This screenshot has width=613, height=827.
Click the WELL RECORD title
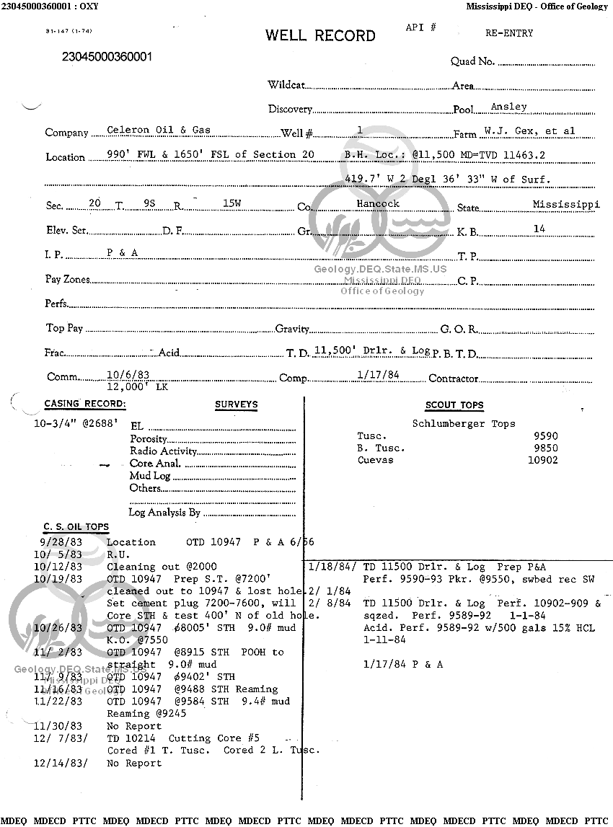320,35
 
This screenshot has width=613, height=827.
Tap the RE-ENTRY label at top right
509,33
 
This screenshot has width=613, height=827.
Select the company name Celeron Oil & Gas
159,131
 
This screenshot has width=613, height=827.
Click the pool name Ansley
509,107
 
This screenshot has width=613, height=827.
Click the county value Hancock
378,204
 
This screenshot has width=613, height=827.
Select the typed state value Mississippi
566,205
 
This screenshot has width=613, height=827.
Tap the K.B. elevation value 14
539,229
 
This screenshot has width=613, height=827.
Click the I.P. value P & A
122,253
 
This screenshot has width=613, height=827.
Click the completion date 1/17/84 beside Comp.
378,375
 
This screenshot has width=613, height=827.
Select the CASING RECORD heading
85,404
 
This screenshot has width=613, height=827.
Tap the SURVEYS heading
236,404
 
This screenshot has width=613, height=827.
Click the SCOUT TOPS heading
454,405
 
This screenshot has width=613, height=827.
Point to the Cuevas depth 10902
543,460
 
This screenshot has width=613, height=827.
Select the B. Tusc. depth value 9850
546,448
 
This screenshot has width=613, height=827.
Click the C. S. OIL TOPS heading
76,527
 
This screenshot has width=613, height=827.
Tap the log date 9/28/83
62,542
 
